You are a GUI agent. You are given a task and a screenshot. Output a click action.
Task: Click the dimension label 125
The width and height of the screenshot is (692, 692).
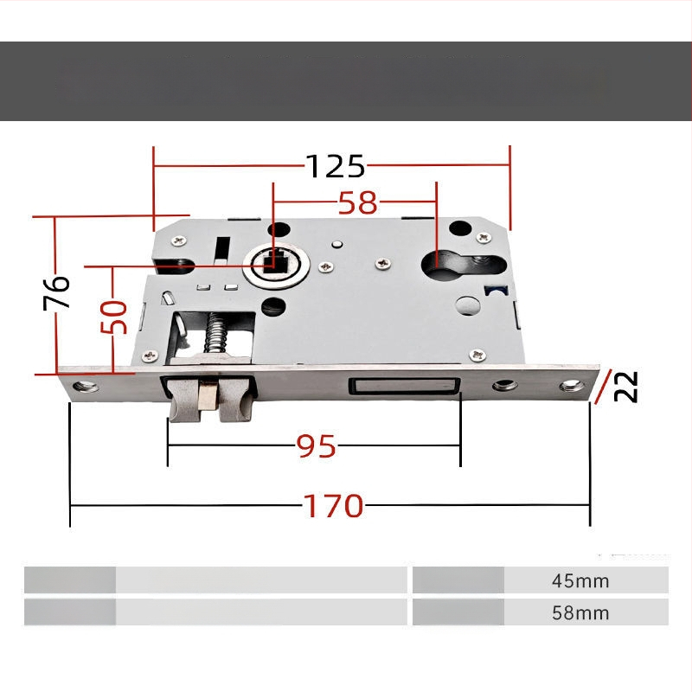pyautogui.click(x=336, y=166)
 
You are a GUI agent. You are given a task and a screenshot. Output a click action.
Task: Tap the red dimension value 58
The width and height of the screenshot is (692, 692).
pyautogui.click(x=358, y=203)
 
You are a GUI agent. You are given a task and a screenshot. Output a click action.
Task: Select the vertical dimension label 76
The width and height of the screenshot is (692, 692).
pyautogui.click(x=56, y=292)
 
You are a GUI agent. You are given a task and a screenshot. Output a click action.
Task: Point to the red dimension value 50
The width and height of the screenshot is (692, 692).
pyautogui.click(x=113, y=317)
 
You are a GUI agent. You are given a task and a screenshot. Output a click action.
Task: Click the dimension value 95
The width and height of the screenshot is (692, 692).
pyautogui.click(x=316, y=446)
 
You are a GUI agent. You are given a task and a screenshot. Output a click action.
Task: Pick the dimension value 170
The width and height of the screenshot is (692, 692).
pyautogui.click(x=333, y=506)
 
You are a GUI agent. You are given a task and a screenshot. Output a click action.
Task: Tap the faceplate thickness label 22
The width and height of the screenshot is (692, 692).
pyautogui.click(x=625, y=386)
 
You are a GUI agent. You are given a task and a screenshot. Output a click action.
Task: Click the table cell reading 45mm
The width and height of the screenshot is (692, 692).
pyautogui.click(x=580, y=580)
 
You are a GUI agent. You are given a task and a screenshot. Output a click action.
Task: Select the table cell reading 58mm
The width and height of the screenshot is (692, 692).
pyautogui.click(x=580, y=612)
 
